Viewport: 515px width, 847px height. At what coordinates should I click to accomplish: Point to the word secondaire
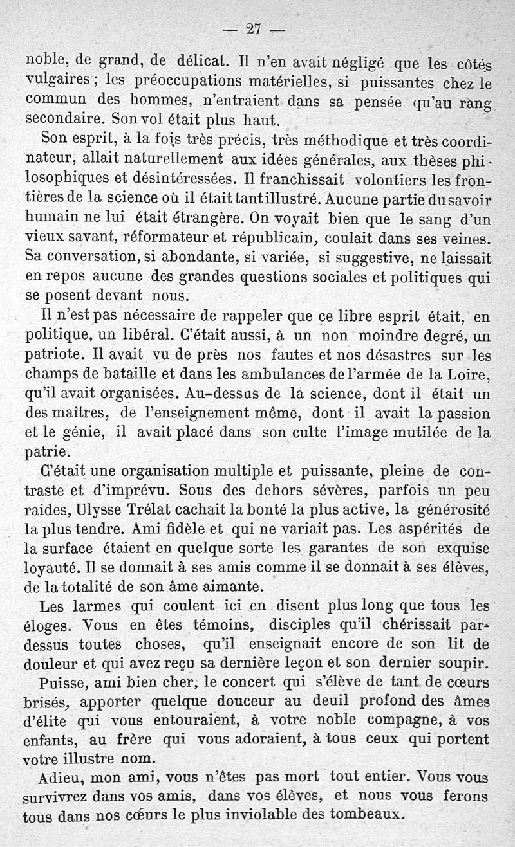(x=65, y=120)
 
